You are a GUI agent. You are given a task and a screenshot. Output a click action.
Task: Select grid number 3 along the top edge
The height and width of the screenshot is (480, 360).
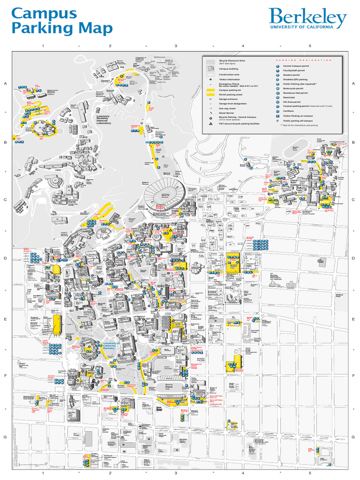[x=176, y=46]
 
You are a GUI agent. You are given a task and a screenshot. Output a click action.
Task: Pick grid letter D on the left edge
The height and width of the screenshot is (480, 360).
[x=6, y=258]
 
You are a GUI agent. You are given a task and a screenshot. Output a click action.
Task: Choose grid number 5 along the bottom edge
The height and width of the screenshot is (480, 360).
[x=310, y=473]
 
